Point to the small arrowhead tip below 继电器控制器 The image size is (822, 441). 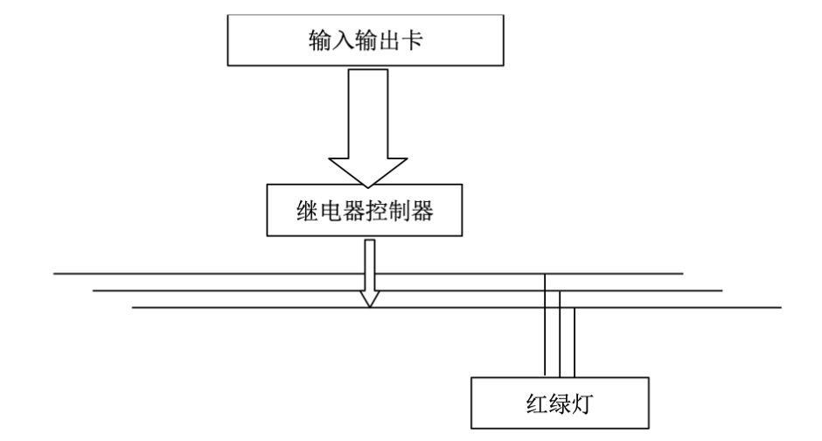[x=370, y=305]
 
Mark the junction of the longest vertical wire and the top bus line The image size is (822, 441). [x=545, y=274]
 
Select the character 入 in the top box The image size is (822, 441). [x=335, y=40]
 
